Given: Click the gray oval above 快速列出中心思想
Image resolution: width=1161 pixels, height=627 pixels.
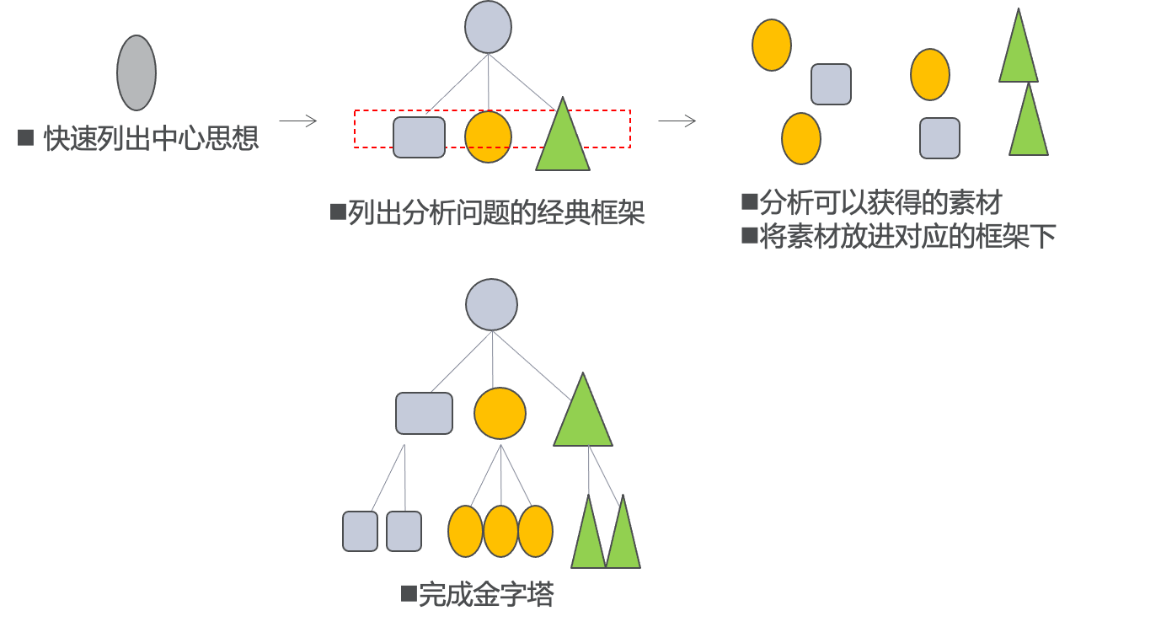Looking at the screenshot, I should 136,72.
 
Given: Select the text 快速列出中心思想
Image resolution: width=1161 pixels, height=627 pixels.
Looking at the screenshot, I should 151,138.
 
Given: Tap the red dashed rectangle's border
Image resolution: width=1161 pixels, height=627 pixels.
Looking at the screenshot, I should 493,110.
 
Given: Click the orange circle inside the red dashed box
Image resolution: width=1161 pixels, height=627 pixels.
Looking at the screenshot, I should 489,137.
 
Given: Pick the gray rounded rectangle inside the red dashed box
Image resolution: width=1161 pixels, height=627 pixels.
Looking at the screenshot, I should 420,137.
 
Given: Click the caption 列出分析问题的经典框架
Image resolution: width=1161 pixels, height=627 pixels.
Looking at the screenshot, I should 496,213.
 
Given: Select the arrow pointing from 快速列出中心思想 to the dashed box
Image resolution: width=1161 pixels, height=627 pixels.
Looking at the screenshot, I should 298,121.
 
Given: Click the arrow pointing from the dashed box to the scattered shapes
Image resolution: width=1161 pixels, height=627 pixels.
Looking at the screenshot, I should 677,121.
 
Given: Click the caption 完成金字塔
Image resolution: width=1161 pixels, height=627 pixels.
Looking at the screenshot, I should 486,596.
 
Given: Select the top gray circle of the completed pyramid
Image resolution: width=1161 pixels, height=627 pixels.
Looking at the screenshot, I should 492,304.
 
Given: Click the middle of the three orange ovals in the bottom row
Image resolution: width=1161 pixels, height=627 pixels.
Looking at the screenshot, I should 500,531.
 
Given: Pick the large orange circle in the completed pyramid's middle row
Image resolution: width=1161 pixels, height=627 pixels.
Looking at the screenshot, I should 500,413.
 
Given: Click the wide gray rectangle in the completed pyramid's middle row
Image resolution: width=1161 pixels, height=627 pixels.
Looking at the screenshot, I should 424,413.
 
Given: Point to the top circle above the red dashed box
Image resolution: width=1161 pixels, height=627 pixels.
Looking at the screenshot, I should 489,27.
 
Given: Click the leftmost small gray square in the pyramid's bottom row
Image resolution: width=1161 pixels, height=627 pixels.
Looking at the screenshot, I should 360,532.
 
